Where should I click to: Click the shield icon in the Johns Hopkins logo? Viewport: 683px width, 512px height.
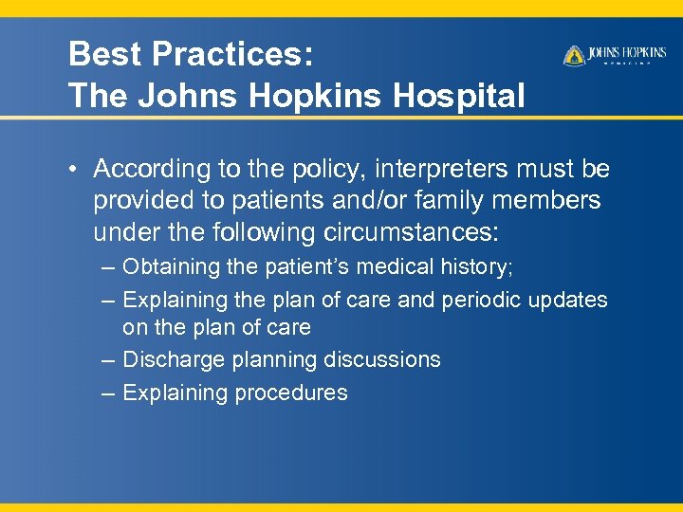(x=574, y=56)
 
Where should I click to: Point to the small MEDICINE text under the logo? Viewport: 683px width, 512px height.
(x=628, y=64)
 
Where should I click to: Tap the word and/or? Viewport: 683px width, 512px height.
(x=383, y=200)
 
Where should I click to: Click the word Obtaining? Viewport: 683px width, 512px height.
(x=171, y=267)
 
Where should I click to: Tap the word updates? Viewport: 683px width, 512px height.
(x=570, y=300)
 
